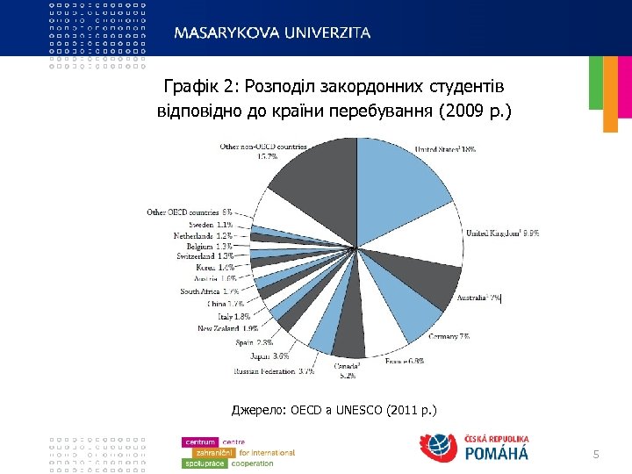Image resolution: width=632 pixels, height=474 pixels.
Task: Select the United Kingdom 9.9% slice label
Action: point(502,233)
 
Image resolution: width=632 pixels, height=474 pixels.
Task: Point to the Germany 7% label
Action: point(449,336)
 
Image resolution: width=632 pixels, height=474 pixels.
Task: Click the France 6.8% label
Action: point(405,360)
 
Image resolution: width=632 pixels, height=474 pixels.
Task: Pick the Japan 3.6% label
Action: point(269,356)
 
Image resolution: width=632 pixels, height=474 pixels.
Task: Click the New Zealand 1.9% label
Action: point(227,328)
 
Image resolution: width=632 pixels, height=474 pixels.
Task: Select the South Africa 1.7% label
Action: point(210,291)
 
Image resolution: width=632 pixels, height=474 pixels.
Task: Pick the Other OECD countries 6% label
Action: point(189,212)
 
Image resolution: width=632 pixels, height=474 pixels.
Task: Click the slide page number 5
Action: point(596,454)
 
